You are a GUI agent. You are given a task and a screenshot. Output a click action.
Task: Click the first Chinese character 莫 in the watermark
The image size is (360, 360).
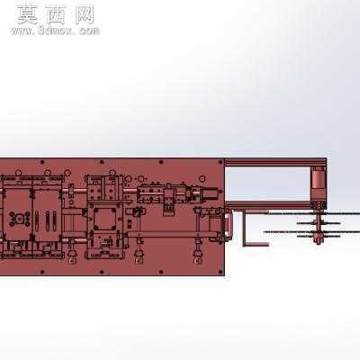(27, 15)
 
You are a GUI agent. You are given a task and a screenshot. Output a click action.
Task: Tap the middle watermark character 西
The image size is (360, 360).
(56, 15)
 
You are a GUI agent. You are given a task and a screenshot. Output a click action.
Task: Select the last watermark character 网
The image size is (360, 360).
(85, 15)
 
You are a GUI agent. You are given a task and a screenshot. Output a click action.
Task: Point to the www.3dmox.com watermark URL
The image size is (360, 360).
(55, 31)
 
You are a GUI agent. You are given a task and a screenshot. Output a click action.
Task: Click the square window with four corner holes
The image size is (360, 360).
(105, 219)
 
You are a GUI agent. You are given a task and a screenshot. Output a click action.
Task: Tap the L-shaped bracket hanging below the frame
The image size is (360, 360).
(254, 229)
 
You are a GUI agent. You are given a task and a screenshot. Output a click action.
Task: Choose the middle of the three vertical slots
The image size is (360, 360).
(48, 221)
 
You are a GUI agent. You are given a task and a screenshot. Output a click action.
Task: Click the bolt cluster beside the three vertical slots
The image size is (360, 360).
(18, 218)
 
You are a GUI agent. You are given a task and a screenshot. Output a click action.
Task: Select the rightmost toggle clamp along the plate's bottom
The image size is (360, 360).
(197, 251)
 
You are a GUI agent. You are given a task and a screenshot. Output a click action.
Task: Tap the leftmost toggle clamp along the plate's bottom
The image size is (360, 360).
(72, 251)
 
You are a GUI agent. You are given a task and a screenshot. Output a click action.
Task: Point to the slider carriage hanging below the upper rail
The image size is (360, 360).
(168, 200)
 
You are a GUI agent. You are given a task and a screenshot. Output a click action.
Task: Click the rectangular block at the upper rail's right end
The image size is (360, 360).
(211, 193)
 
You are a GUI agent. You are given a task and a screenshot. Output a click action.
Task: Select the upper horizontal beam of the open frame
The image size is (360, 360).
(275, 162)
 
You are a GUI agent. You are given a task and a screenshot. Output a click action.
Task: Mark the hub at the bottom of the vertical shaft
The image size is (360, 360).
(319, 239)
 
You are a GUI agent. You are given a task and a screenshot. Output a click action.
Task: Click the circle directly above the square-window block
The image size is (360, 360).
(112, 173)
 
